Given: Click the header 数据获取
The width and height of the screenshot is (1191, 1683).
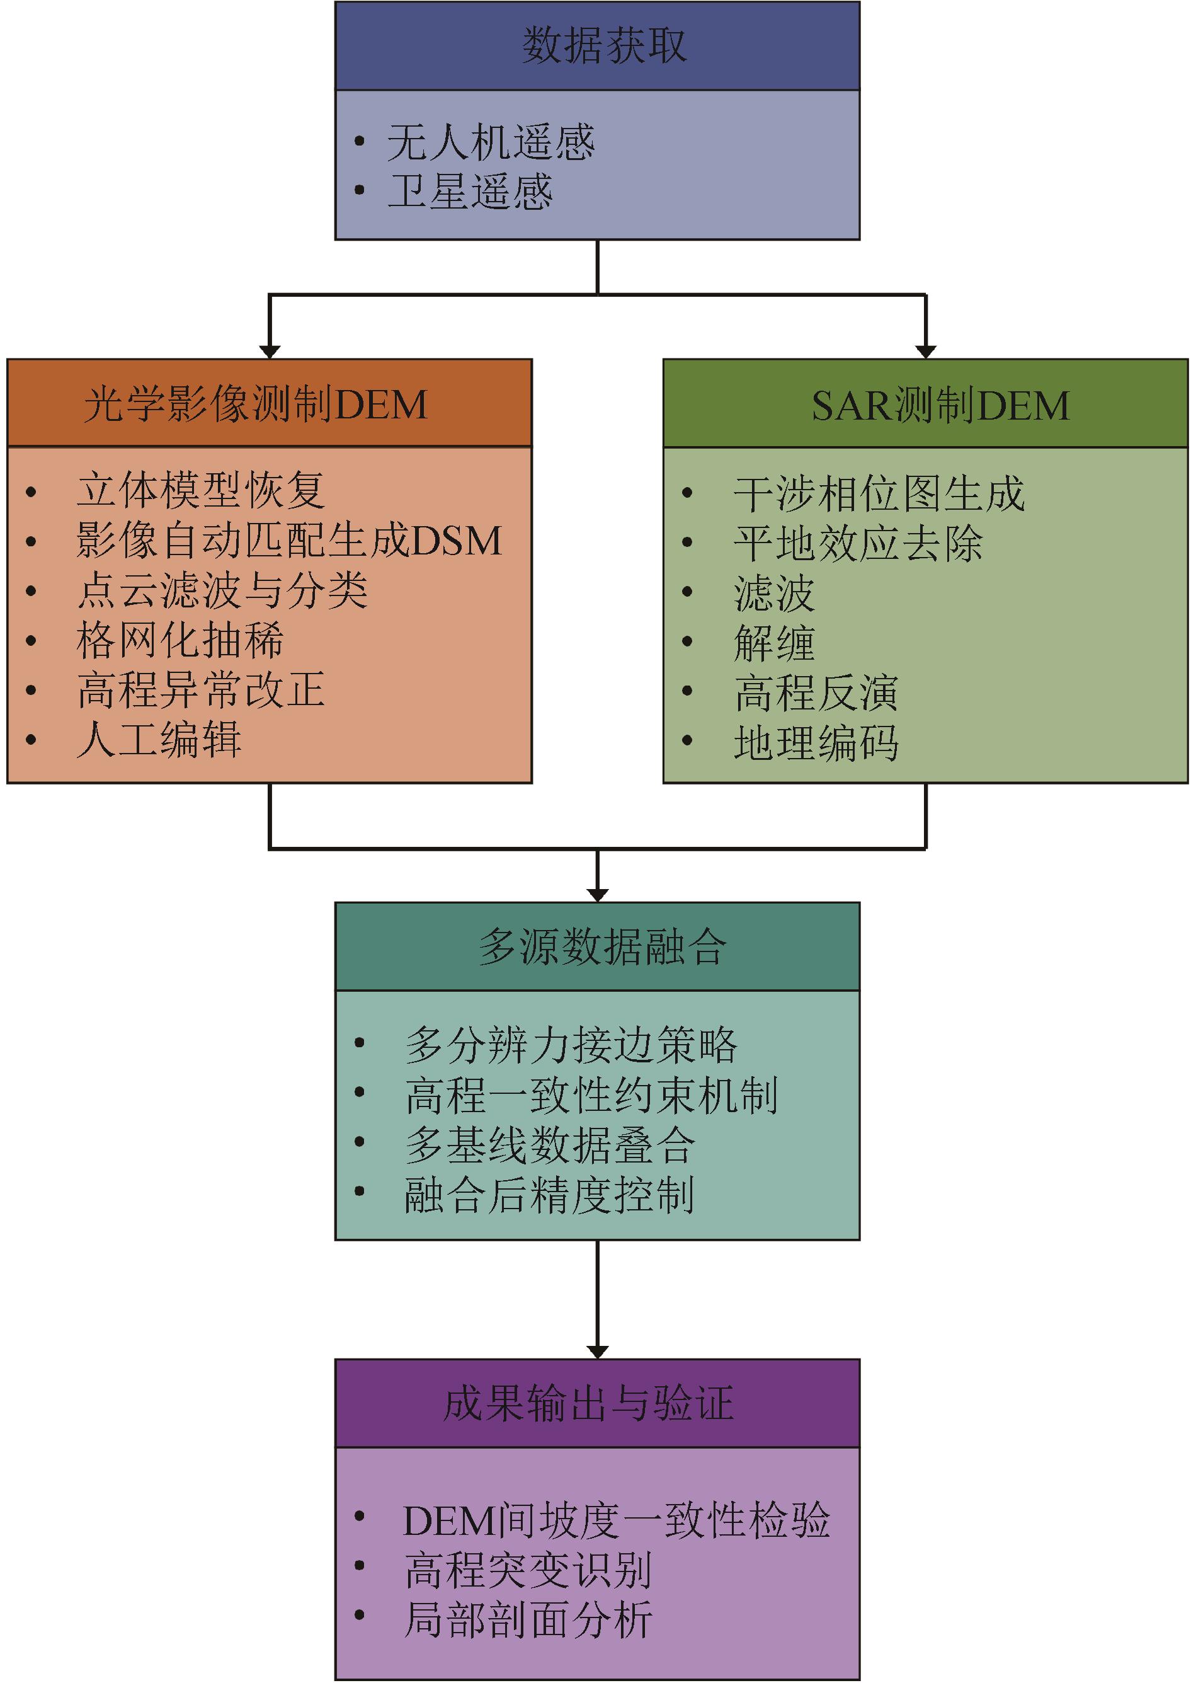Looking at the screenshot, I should pos(603,45).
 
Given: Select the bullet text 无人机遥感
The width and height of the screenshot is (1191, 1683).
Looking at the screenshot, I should pos(490,142).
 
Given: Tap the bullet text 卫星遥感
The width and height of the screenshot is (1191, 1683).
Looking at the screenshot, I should pos(469,192).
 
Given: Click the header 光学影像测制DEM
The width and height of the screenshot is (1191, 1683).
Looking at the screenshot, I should pos(255,405).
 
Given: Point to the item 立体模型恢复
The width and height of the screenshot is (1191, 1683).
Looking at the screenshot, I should pos(200,491).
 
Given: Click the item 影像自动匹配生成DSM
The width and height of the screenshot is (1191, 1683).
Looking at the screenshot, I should pos(289,541).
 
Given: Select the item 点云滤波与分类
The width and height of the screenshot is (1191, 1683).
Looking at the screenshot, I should pos(222,590).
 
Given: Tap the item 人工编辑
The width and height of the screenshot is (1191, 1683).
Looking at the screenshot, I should pos(159,740).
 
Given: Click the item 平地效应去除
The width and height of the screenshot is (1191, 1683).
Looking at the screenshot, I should pos(857,544).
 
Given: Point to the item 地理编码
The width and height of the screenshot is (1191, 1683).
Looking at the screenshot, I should pos(816,743).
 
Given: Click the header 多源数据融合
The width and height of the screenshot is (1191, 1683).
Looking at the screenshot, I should pos(602,947).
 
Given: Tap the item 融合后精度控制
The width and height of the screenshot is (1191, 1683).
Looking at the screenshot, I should pos(549,1195).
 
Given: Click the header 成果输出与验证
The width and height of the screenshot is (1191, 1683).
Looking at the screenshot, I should pos(588,1403).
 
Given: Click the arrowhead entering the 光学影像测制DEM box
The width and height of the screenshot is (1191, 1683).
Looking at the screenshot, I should pos(270,352).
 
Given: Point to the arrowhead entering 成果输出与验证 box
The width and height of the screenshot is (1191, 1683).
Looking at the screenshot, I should pos(598,1352).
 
